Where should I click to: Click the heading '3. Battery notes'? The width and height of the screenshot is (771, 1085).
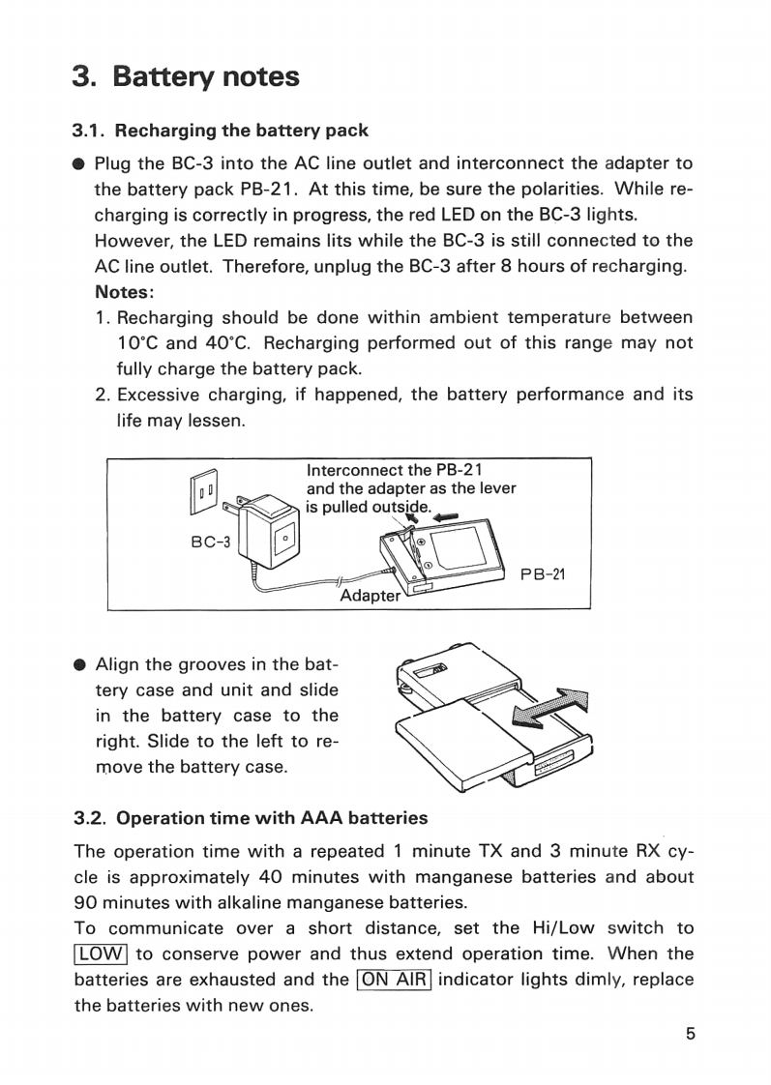tap(186, 76)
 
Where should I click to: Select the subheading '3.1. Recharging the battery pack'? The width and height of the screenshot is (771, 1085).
tap(222, 130)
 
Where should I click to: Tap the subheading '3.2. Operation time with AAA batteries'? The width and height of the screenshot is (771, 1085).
tap(252, 818)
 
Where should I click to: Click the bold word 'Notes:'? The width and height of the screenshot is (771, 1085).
tap(125, 291)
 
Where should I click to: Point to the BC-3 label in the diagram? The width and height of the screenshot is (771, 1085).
tap(210, 542)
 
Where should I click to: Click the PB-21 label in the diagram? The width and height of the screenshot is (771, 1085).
tap(542, 574)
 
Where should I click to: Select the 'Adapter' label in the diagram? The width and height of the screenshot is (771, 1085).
tap(370, 596)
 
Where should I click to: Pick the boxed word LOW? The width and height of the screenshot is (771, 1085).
tap(101, 953)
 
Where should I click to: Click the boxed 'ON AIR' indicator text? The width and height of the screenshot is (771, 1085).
tap(394, 979)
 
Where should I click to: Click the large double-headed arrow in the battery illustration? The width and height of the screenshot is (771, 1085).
tap(549, 712)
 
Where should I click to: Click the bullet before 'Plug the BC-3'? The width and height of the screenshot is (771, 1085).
tap(81, 163)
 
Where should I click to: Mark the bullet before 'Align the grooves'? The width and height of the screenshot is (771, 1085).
tap(81, 665)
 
